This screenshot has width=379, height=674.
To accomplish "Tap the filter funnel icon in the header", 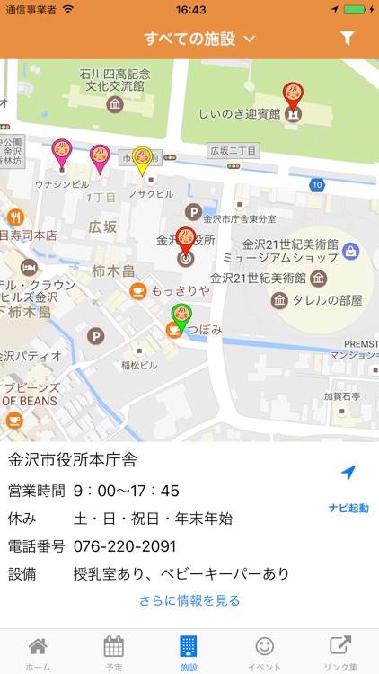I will (348, 39).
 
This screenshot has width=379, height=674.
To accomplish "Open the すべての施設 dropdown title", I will (199, 39).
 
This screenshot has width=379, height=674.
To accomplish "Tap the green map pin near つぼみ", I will (181, 317).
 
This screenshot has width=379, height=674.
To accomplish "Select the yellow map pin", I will (142, 161).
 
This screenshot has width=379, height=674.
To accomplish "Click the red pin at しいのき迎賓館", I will (293, 96).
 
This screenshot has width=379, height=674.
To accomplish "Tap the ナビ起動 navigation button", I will (348, 489).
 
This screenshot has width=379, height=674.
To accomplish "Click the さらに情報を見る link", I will (189, 600).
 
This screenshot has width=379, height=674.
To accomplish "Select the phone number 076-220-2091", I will (125, 546).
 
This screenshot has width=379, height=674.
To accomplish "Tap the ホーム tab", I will (38, 652).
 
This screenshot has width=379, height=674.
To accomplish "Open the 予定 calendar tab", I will (113, 652).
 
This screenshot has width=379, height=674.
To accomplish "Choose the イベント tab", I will (264, 652).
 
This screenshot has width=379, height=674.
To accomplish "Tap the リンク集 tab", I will (340, 652).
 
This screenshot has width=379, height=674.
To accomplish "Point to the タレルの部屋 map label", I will (331, 300).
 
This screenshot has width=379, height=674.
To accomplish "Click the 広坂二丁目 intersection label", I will (233, 150).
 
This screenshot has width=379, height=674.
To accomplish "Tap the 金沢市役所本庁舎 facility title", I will (73, 461).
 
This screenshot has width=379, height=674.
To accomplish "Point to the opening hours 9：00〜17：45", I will (127, 491).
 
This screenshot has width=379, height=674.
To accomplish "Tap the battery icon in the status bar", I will (356, 10).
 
